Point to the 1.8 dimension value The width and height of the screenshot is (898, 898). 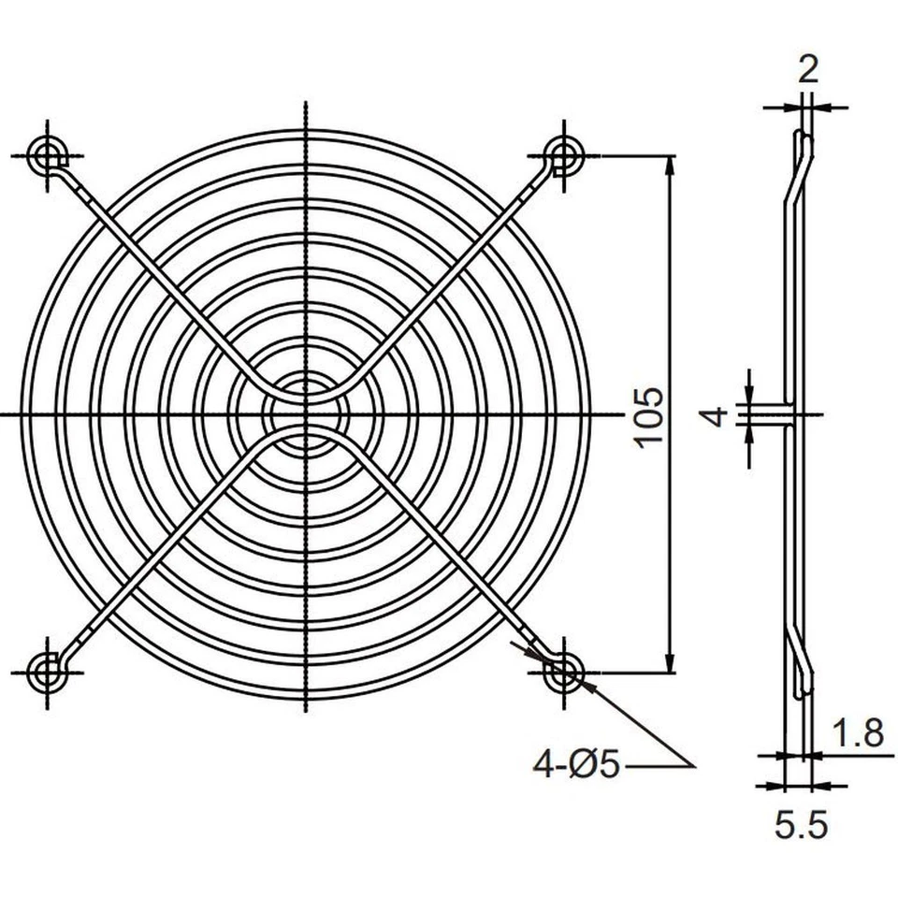coord(858,733)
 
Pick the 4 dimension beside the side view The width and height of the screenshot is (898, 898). coord(716,415)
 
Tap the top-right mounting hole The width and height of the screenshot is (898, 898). coord(564,152)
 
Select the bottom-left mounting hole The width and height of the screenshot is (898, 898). coord(46,671)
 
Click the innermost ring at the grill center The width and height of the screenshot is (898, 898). coord(305,413)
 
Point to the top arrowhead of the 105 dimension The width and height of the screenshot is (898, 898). coord(670,165)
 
